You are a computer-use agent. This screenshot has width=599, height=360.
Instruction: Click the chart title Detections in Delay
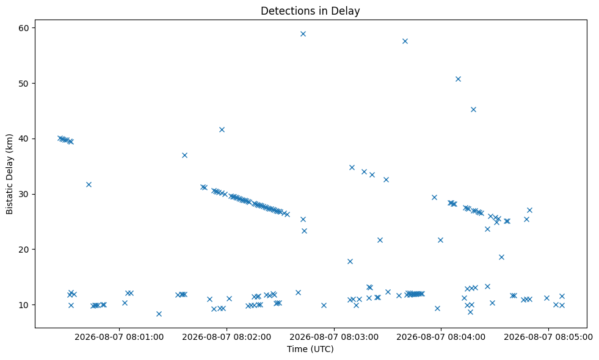point(310,11)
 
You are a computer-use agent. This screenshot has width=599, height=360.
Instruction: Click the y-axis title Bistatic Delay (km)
point(9,174)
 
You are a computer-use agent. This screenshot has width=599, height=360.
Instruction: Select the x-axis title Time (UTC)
point(310,349)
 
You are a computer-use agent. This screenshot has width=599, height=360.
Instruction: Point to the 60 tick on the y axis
point(24,28)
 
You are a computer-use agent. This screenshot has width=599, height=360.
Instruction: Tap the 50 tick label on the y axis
point(24,83)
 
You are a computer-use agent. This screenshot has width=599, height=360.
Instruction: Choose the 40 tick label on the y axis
point(24,139)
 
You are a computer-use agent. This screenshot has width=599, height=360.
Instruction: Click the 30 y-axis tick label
point(24,194)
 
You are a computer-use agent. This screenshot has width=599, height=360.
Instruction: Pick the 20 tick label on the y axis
point(24,250)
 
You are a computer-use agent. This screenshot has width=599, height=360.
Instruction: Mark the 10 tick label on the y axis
point(24,304)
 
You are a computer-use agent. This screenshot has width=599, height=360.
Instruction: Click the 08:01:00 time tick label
point(119,337)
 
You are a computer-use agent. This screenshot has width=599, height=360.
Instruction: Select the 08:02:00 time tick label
point(227,337)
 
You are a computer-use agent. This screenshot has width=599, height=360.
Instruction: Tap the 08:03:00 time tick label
point(334,337)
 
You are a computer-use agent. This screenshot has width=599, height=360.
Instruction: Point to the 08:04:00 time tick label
point(441,337)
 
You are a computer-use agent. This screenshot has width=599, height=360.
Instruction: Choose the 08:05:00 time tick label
point(548,337)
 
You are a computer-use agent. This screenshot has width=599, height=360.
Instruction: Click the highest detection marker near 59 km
point(303,34)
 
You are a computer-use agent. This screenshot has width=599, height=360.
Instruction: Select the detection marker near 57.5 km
point(405,41)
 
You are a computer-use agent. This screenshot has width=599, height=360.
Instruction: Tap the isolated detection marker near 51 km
point(458,79)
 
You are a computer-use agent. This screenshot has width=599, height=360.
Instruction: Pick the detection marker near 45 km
point(473,110)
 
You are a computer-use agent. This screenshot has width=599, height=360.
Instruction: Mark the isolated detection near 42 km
point(222,130)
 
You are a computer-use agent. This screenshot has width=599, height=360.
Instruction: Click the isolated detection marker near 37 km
point(184,156)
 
